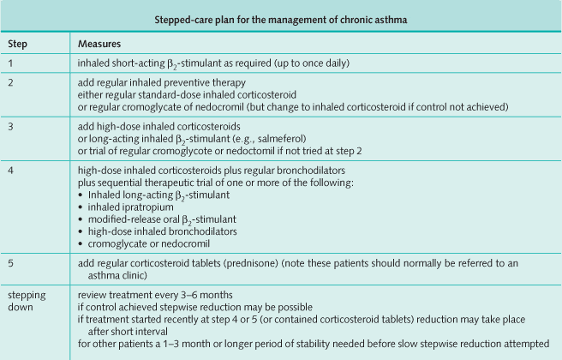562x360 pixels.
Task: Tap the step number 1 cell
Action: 11,63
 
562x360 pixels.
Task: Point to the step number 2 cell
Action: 11,83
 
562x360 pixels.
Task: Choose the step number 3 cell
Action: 11,126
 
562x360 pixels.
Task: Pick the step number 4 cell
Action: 11,170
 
